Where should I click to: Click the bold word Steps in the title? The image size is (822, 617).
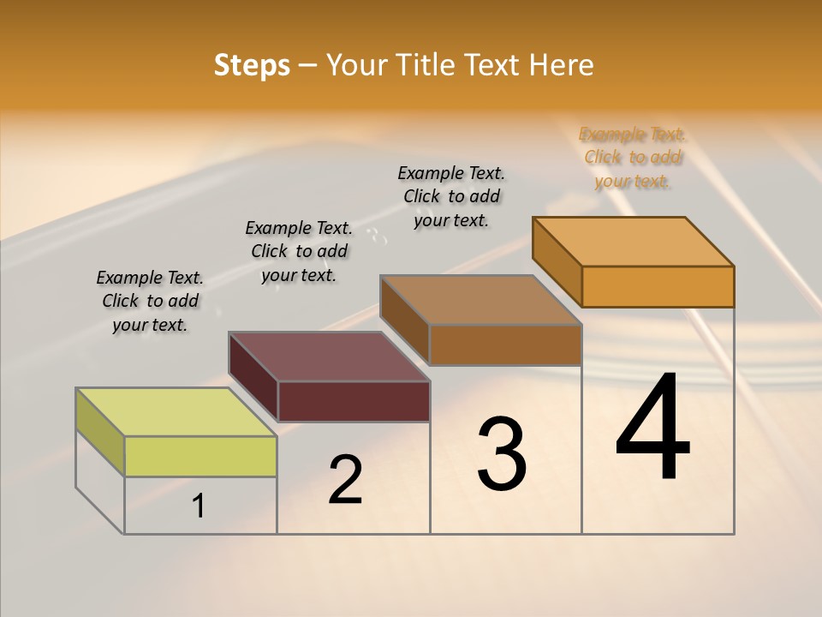[x=252, y=65]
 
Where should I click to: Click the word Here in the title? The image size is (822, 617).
[x=562, y=65]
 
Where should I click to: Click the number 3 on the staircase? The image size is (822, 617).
[x=502, y=454]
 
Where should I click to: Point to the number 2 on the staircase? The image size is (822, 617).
[x=345, y=480]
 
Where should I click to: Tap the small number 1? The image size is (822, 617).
[x=199, y=506]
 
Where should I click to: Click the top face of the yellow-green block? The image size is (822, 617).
[x=176, y=412]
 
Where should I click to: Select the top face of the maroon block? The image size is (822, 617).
[x=329, y=356]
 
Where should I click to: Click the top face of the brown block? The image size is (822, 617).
[x=481, y=300]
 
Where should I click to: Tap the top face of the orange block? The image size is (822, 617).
[x=634, y=242]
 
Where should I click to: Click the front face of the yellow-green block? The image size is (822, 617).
[x=200, y=456]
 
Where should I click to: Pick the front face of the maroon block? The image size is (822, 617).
[x=354, y=401]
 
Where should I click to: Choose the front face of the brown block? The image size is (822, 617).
[x=505, y=344]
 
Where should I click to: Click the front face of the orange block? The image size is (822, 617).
[x=658, y=286]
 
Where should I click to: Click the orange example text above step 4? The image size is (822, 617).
[x=632, y=158]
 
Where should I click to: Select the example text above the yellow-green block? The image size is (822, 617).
[x=150, y=302]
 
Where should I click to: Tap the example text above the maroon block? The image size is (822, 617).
[x=299, y=251]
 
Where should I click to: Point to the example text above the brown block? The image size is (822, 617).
[x=451, y=196]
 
